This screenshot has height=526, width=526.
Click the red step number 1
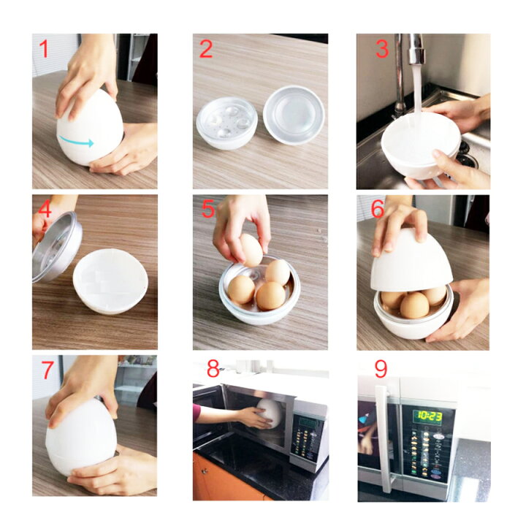pos(44,49)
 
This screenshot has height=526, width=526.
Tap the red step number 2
pos(206,49)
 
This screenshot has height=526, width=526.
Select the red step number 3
pos(382,49)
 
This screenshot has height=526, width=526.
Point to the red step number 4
pos(45,210)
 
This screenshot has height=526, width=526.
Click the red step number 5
pos(208,210)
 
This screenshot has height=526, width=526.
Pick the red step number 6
pos(378,210)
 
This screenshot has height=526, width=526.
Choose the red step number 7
pos(48,370)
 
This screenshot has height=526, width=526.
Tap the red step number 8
pos(213,369)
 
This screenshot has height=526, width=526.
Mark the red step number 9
pos(381,369)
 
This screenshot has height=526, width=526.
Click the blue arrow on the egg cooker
pos(76,141)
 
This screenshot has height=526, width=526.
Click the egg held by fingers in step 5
pos(251,250)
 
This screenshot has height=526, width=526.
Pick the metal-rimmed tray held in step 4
pos(57,246)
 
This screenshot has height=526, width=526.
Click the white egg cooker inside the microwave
pos(269,413)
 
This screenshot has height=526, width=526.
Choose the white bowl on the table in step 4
pos(110,281)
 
